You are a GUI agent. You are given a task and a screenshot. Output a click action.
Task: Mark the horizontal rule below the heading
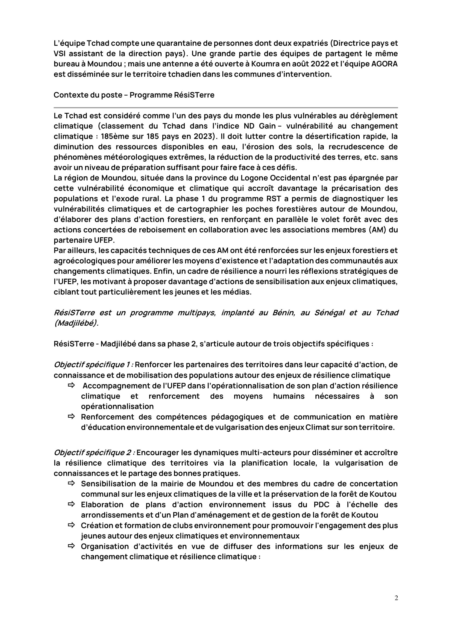226,107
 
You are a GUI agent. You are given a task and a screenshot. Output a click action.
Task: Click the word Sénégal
328,313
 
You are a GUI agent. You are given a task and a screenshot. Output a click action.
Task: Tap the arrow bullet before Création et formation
71,525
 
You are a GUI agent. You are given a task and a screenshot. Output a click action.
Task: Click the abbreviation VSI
59,54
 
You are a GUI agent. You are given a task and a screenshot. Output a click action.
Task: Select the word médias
238,292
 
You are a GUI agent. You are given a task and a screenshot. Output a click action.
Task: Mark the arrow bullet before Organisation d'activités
71,546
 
